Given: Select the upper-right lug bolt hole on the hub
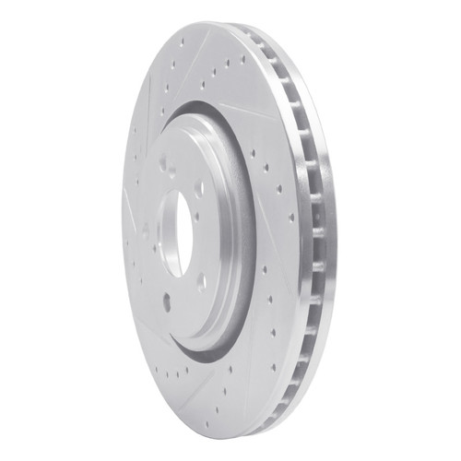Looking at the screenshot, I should pos(199,187).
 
